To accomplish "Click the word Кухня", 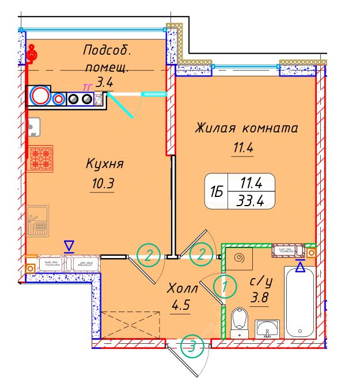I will click(x=105, y=165).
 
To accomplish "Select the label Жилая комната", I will click(x=246, y=127).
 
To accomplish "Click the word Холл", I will click(x=182, y=287).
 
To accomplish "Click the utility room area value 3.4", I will click(x=104, y=82).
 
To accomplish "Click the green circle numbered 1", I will click(x=225, y=285).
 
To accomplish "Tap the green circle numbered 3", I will click(x=192, y=347).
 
